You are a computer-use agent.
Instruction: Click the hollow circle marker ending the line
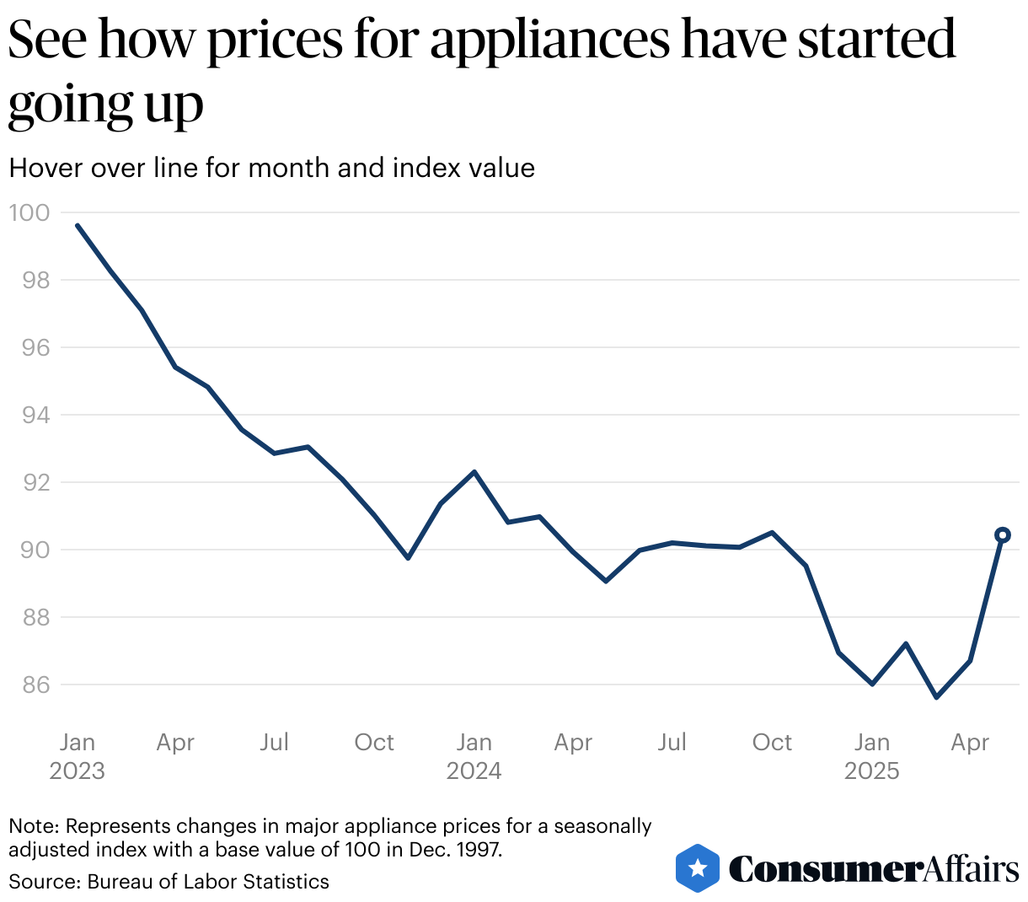click(1003, 534)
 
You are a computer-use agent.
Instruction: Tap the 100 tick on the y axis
click(29, 212)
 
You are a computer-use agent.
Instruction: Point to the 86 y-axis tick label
click(29, 685)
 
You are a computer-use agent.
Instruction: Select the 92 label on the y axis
click(29, 482)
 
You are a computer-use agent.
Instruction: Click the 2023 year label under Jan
click(77, 770)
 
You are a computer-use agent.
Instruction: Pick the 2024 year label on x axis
click(474, 770)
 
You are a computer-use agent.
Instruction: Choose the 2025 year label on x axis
click(872, 770)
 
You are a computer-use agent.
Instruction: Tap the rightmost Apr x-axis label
click(970, 742)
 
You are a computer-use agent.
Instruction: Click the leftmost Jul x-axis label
click(275, 742)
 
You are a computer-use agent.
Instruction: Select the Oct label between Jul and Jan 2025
click(772, 742)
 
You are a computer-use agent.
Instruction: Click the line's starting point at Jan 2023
click(78, 226)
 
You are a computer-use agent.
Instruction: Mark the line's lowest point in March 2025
click(936, 697)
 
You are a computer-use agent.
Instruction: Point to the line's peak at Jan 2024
click(474, 472)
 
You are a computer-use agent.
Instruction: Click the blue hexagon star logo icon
click(698, 867)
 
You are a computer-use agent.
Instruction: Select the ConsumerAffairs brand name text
click(874, 868)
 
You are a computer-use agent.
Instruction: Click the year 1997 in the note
click(475, 849)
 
